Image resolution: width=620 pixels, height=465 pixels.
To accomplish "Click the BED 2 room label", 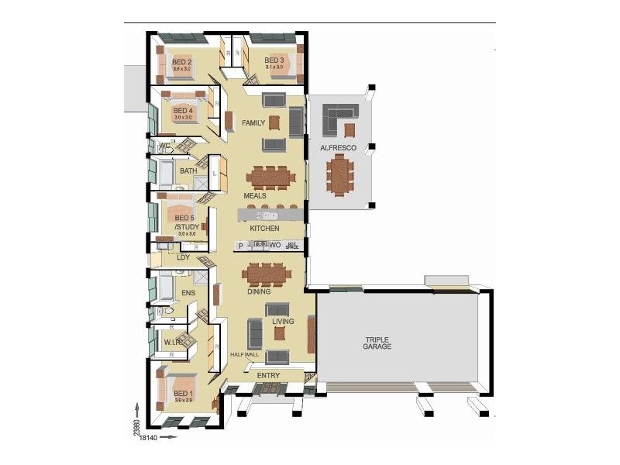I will tap(182, 61).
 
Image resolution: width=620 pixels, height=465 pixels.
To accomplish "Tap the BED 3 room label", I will tap(274, 60).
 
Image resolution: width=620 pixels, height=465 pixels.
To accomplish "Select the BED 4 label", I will tap(183, 111).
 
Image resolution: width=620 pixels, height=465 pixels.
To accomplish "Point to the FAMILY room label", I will tap(253, 123).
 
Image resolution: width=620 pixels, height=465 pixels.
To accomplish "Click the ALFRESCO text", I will tap(338, 147).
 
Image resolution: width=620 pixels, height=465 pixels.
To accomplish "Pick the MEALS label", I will tap(255, 196).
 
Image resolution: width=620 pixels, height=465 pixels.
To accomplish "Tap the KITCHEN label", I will tap(264, 229).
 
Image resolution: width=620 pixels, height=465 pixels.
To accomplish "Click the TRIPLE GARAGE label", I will tap(378, 343).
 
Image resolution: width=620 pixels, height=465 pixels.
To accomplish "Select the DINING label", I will tap(259, 292).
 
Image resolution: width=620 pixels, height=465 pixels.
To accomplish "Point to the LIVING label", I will tap(283, 320).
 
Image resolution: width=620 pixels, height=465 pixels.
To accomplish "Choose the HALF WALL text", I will tap(243, 354).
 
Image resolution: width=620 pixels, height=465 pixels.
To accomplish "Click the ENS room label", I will tap(188, 293).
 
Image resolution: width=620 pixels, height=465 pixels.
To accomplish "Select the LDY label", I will tap(184, 257).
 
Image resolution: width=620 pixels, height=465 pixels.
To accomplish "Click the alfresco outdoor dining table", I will tap(339, 175).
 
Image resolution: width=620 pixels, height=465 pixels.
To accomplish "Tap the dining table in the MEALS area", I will tap(270, 177).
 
